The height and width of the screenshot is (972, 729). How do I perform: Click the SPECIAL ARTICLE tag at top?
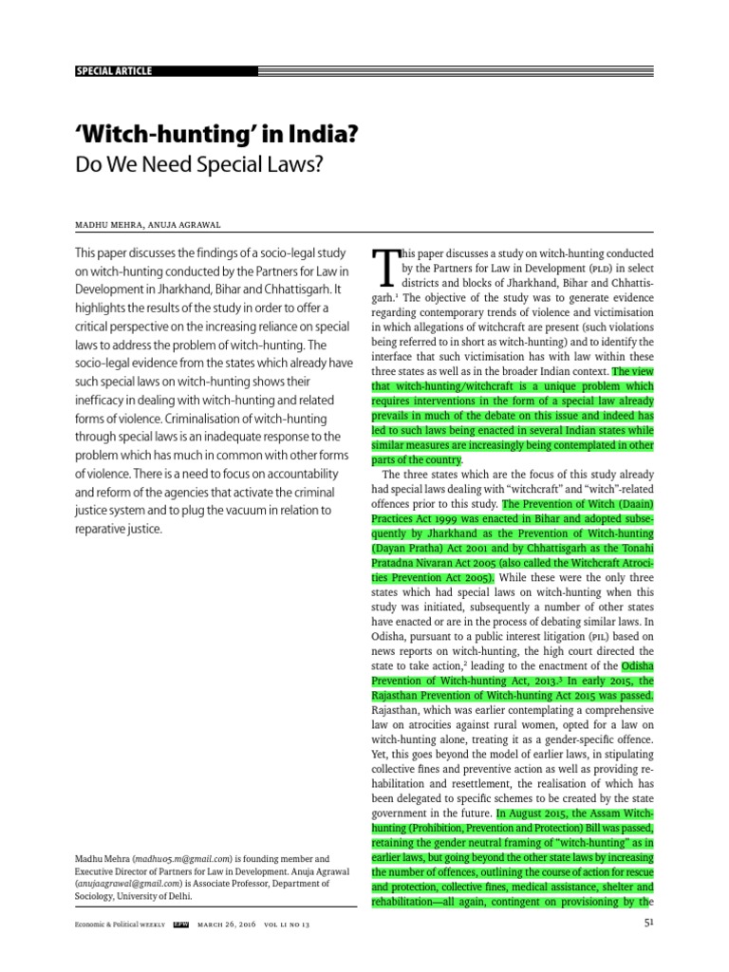click(x=113, y=71)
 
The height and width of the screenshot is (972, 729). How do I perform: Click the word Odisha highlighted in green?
click(x=634, y=665)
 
